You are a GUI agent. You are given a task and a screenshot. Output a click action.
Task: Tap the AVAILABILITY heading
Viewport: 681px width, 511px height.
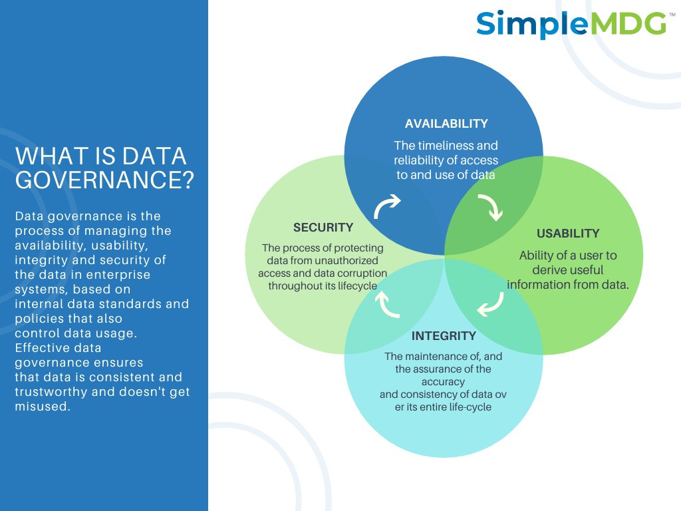coord(446,124)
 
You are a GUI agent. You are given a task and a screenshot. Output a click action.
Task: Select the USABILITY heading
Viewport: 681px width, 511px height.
coord(568,234)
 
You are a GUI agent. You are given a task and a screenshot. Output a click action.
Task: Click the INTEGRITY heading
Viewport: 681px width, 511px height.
coord(444,335)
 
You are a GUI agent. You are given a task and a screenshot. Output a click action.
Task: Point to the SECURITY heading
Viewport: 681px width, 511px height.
coord(323,228)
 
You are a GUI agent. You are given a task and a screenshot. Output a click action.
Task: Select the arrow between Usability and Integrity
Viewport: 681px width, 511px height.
coord(491,304)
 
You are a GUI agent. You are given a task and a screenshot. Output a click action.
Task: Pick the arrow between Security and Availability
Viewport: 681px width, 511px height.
coord(386,207)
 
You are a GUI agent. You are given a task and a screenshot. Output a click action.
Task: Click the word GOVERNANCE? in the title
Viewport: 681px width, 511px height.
coord(104,180)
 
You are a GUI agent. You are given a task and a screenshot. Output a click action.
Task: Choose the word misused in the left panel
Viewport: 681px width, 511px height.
coord(42,407)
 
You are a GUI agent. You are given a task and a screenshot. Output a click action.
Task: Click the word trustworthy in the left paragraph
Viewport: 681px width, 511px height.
coord(51,392)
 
